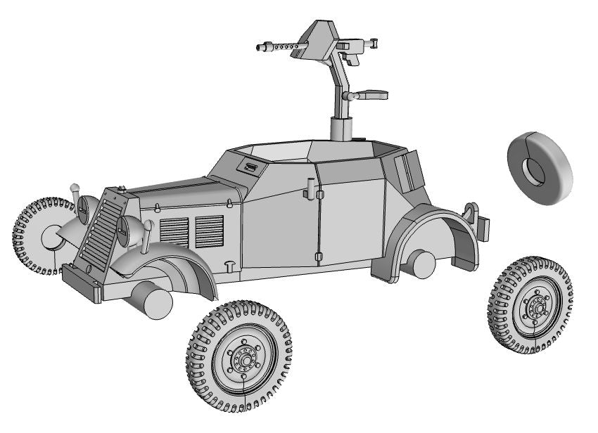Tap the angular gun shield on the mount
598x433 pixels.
(x=322, y=41)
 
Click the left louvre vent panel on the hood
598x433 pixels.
(x=174, y=231)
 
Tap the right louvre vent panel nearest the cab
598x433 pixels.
(x=209, y=229)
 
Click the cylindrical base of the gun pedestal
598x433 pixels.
(x=342, y=129)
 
